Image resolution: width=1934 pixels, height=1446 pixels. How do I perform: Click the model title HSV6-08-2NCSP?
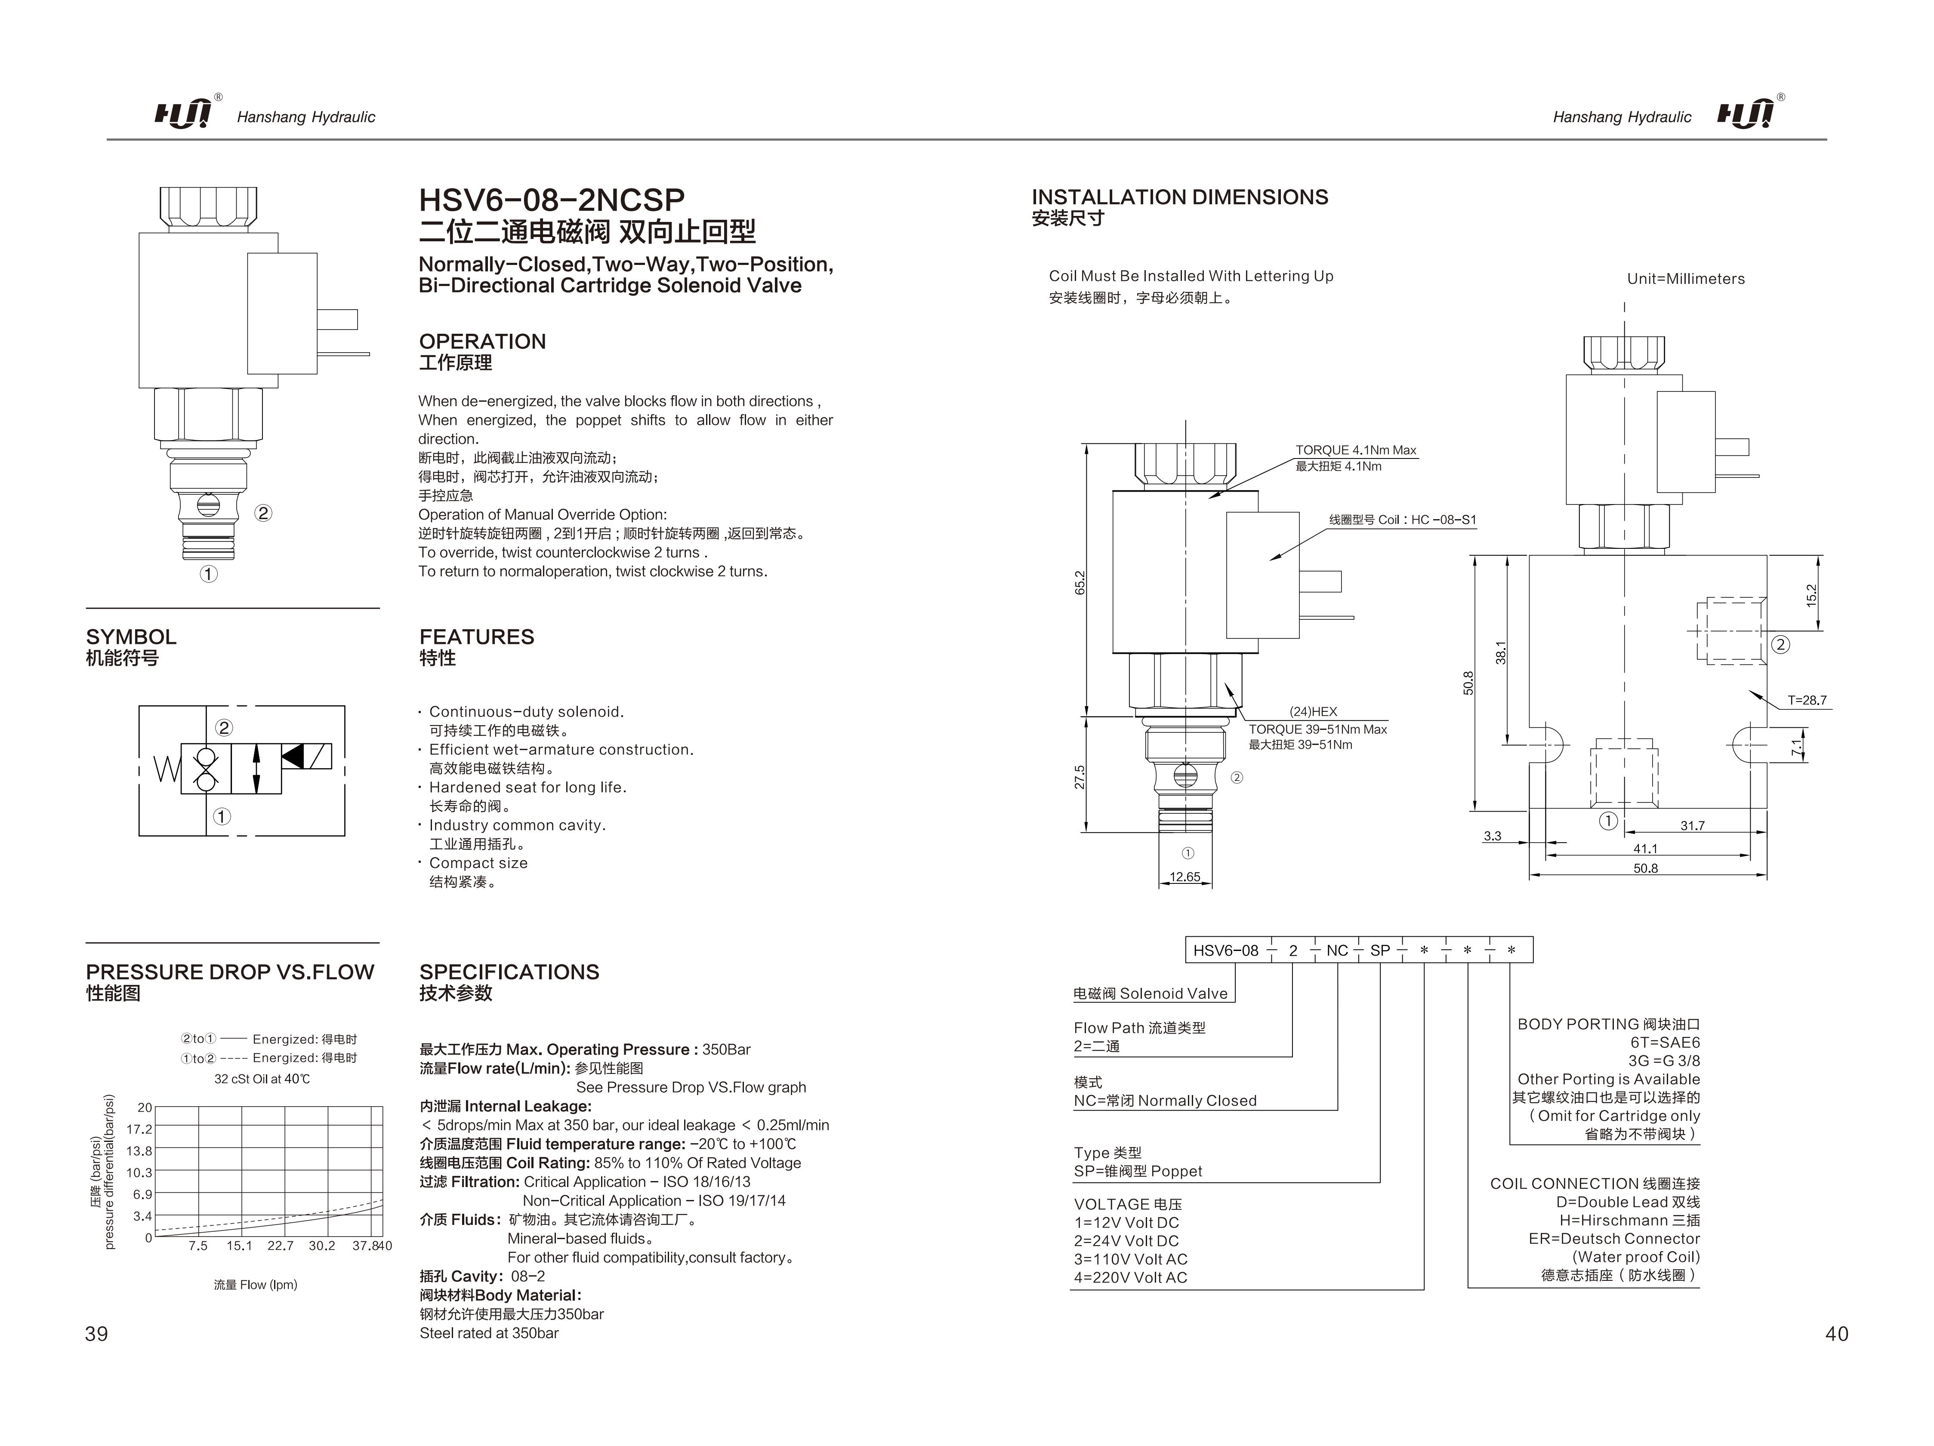click(552, 200)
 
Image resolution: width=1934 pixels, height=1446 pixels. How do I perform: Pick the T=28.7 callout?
click(1806, 700)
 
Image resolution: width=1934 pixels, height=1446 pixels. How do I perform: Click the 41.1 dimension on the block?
click(1645, 848)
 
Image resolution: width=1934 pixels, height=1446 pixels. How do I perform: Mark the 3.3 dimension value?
click(1493, 836)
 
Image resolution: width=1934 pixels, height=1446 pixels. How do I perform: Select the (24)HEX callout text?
click(1313, 712)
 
